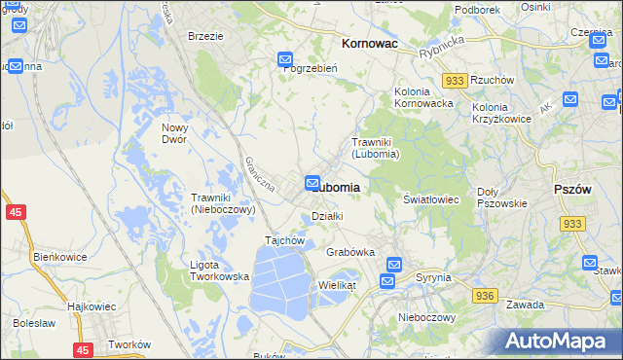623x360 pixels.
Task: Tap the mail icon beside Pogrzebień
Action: click(x=285, y=60)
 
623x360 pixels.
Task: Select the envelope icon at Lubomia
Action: click(x=312, y=182)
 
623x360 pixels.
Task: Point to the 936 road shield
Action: click(x=486, y=294)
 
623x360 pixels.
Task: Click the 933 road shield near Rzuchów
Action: click(x=453, y=81)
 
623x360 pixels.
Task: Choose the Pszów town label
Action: click(x=571, y=190)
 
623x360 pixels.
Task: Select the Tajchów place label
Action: click(x=286, y=240)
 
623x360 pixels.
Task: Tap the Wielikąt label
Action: click(x=338, y=285)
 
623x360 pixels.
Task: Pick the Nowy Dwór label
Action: click(x=174, y=133)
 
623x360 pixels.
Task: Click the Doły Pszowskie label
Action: click(x=502, y=198)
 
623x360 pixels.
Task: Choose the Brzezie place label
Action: click(x=205, y=36)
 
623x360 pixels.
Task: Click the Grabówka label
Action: click(x=350, y=252)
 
